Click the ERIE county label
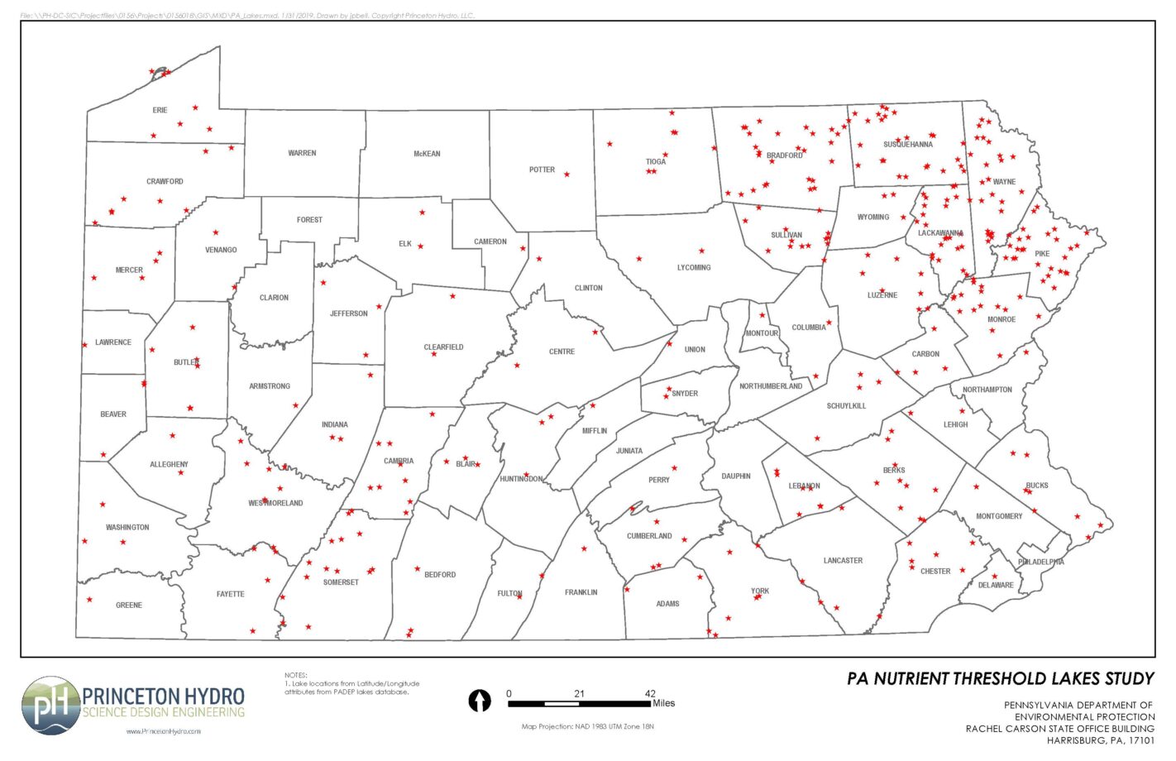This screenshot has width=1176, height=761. [160, 110]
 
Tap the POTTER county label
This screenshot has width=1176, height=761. [542, 170]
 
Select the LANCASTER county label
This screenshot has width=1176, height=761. [843, 561]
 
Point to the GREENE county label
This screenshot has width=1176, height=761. [129, 605]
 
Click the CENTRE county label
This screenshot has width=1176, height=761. [562, 352]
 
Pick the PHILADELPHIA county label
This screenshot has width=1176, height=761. [1040, 562]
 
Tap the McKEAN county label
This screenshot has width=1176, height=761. [427, 154]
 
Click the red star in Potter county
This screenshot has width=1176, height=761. [566, 175]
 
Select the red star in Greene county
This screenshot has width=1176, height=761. [89, 600]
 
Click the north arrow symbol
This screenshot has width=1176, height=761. [480, 701]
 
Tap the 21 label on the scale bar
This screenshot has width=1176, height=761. [579, 694]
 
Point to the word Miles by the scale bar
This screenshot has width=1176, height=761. [663, 704]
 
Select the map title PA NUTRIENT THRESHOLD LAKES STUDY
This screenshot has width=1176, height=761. [1000, 679]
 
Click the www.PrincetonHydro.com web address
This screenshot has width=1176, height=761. [163, 731]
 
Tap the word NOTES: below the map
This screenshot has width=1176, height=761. [295, 676]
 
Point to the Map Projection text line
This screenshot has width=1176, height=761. [587, 727]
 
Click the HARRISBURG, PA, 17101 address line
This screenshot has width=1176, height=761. [1100, 740]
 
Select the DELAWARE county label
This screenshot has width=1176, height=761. [996, 585]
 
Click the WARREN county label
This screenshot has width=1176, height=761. [302, 153]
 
